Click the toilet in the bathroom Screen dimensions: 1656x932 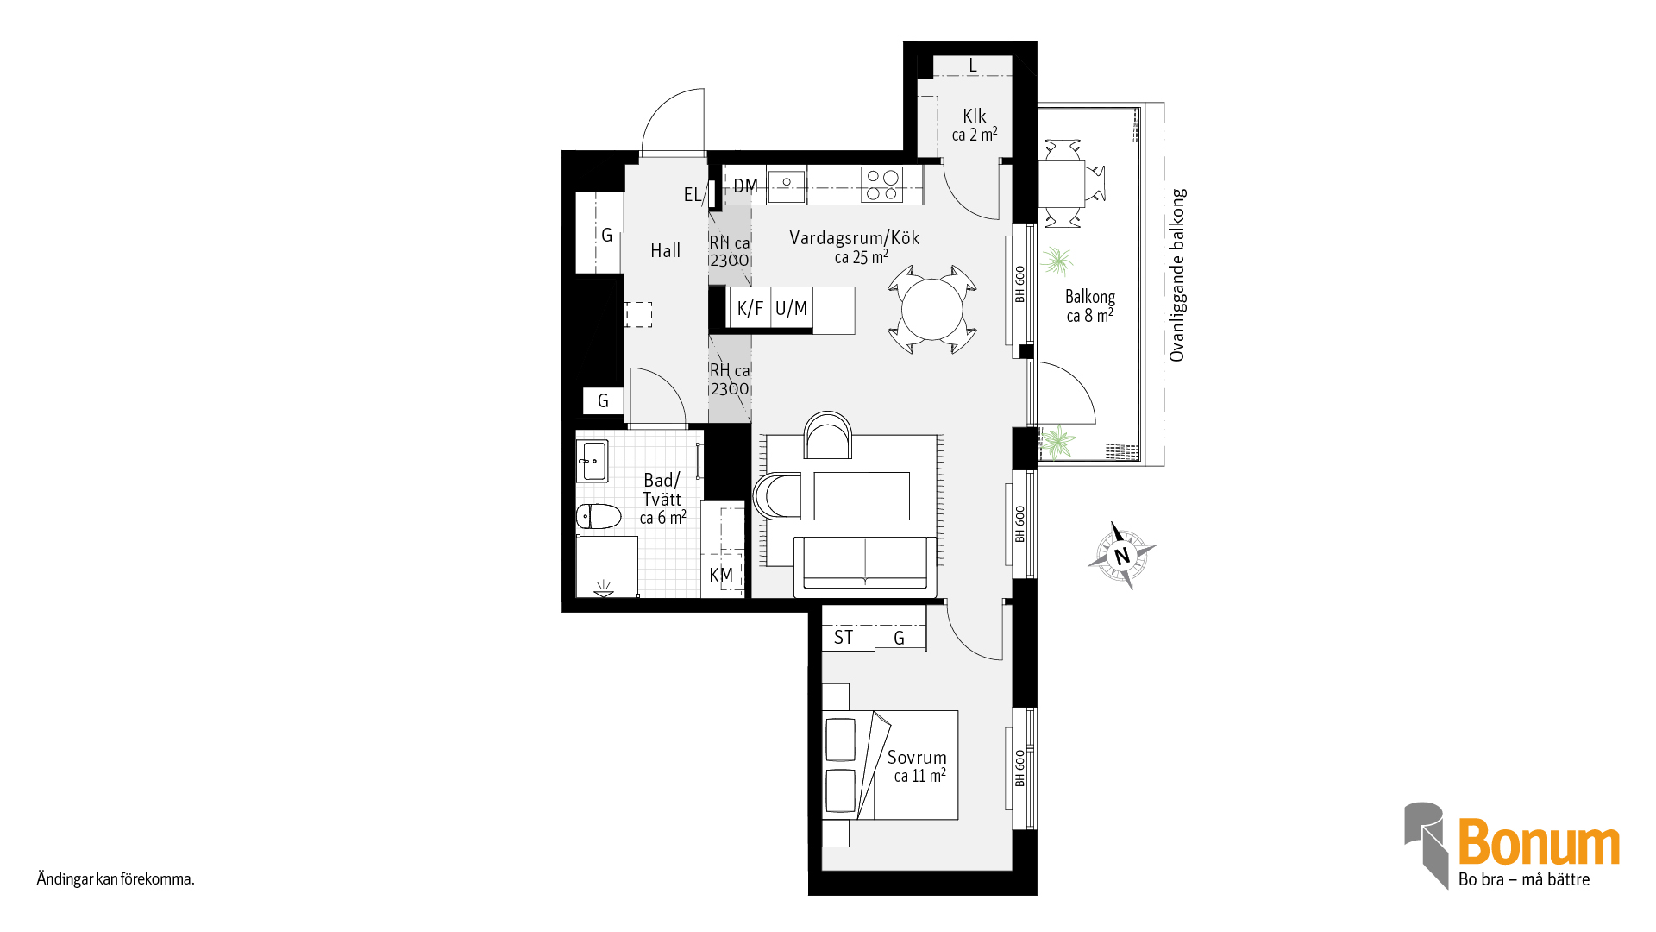[599, 516]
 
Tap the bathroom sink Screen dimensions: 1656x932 [593, 462]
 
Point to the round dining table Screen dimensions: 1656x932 [931, 309]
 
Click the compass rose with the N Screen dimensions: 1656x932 [1121, 556]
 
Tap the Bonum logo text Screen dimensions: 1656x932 [1539, 842]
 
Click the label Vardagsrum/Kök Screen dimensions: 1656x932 [854, 238]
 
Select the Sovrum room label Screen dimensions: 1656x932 [917, 758]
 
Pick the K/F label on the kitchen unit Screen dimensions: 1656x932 [750, 308]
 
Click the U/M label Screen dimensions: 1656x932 [791, 308]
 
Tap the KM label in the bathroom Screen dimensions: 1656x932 [721, 575]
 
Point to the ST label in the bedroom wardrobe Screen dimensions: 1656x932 [844, 638]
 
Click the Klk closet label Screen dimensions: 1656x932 [975, 116]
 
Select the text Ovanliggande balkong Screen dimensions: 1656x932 [1177, 274]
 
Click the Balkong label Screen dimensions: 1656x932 [1090, 297]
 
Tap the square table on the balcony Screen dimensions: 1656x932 [1061, 183]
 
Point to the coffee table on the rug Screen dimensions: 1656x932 [862, 496]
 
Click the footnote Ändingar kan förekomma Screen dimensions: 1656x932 [116, 879]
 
